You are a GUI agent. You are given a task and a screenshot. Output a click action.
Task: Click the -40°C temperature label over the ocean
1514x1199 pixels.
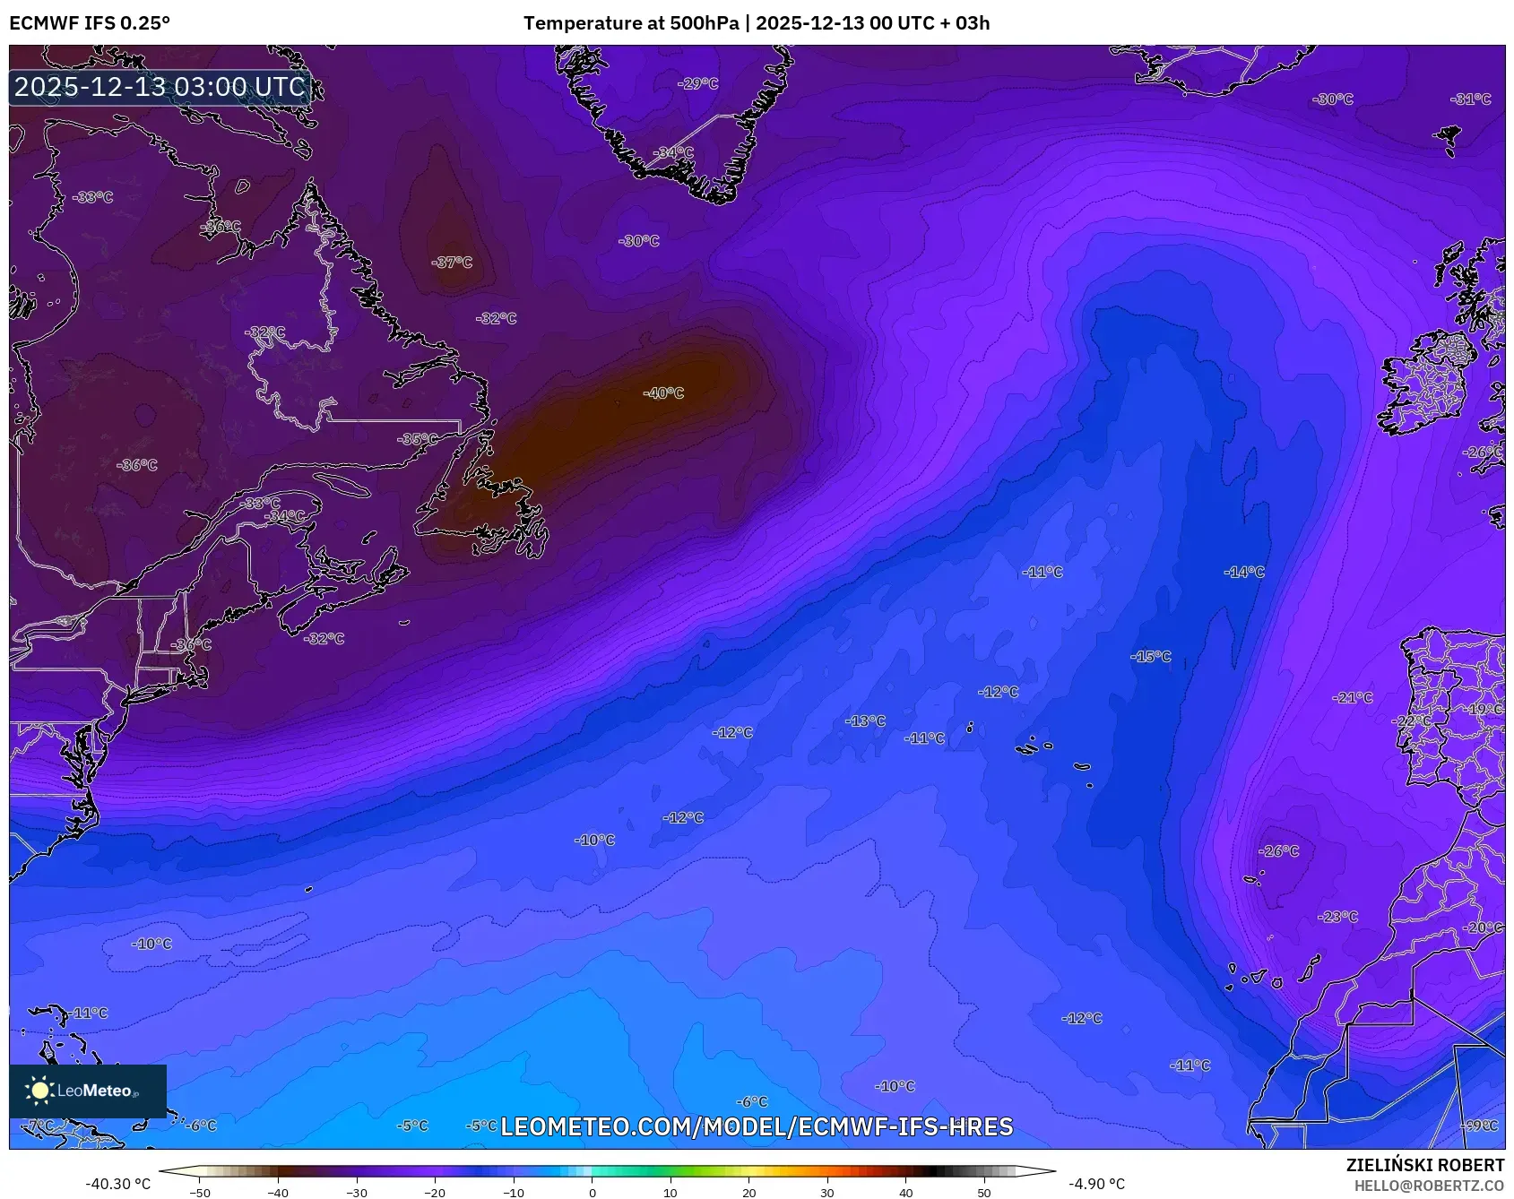coord(663,393)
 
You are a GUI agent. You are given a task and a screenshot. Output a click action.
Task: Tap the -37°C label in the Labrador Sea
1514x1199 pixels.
coord(452,263)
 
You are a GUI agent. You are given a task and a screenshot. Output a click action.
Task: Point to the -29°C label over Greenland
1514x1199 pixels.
coord(698,84)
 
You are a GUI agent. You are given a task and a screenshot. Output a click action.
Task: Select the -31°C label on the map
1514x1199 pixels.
coord(1471,99)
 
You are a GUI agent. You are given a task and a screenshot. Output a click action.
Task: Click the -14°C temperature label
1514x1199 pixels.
coord(1244,572)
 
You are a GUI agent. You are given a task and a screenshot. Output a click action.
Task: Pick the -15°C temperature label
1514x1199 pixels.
coord(1151,657)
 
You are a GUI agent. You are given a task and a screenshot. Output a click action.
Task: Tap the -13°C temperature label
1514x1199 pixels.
coord(866,721)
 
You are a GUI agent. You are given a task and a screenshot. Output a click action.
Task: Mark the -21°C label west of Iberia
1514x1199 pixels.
coord(1353,698)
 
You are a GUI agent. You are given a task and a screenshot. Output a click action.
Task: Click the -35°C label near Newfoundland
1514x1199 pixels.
coord(419,439)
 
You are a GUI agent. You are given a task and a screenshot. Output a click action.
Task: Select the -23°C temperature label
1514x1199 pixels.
coord(1338,917)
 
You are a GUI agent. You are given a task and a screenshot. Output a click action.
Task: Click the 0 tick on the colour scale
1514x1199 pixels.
coord(592,1193)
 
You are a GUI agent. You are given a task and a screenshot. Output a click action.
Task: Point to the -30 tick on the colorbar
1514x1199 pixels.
coord(357,1193)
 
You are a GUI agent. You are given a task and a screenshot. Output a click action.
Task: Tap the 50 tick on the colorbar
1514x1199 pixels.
coord(984,1193)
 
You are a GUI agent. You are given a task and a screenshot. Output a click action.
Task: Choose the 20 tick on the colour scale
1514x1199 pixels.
coord(748,1193)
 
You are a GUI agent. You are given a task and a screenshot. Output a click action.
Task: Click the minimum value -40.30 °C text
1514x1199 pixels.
coord(117,1184)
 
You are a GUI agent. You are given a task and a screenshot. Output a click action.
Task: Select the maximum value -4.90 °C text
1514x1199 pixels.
coord(1096,1184)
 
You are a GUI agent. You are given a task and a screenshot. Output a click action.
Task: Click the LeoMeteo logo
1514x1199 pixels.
coord(88,1091)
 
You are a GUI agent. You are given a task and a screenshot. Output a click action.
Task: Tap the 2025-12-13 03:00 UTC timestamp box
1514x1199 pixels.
coord(160,87)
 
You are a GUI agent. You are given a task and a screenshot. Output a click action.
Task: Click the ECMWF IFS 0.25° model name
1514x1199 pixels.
coord(90,23)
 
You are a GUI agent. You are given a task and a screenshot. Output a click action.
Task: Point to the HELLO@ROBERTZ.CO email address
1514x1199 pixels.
coord(1429,1186)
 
